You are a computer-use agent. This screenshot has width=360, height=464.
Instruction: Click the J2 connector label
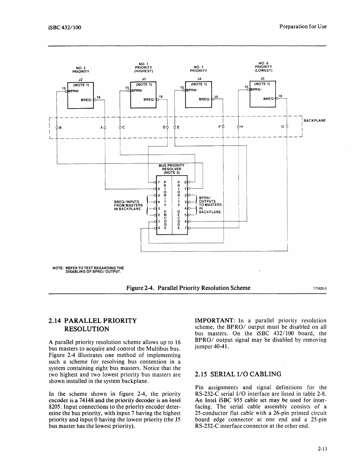click(x=81, y=79)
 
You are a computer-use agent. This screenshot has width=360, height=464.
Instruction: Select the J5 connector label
click(x=263, y=79)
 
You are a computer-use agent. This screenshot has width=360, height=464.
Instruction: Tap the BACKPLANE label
click(x=314, y=121)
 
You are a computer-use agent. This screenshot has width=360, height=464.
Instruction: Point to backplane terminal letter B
click(x=61, y=128)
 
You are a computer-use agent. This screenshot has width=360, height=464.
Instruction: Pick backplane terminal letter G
click(x=282, y=127)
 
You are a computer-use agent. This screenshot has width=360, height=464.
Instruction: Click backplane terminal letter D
click(x=164, y=128)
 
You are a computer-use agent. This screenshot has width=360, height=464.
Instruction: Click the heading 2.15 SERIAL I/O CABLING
click(x=238, y=374)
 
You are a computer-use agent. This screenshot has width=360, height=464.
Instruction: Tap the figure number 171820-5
click(x=319, y=288)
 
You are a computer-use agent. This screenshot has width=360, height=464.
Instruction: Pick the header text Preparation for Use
click(x=303, y=26)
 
